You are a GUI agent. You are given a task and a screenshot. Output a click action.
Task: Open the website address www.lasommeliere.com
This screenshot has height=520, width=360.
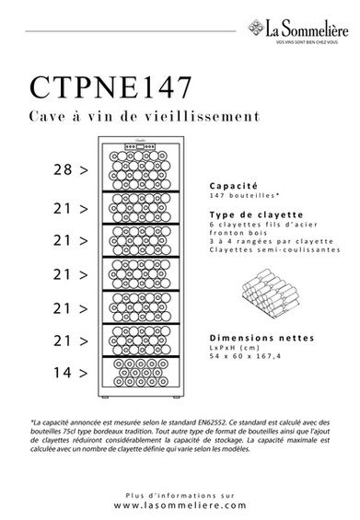pyautogui.click(x=180, y=506)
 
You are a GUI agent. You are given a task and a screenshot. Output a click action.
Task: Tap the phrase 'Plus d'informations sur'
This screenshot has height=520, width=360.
pyautogui.click(x=180, y=494)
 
